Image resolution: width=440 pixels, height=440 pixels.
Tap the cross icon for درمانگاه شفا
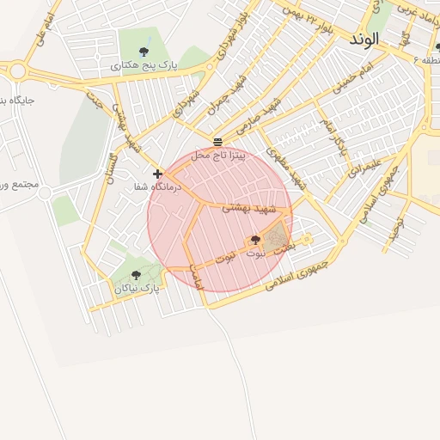coord(157,174)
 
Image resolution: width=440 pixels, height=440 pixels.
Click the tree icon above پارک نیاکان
coord(137,276)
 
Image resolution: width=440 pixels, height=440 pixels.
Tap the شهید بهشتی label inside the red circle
coord(249,208)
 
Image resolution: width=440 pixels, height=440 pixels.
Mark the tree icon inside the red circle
coord(254,240)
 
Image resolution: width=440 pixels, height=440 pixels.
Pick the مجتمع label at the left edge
coord(17,186)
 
